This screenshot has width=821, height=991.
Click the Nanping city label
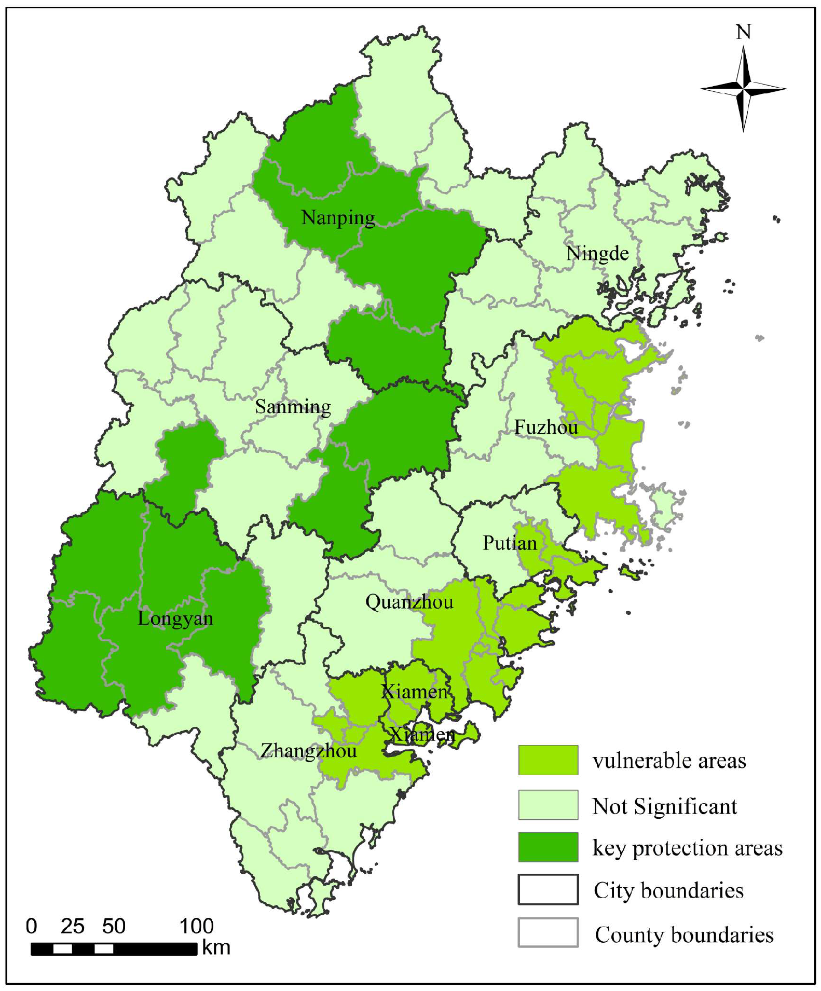click(x=338, y=218)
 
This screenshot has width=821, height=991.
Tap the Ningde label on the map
click(x=597, y=254)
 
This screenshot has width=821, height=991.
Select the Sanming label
click(x=293, y=407)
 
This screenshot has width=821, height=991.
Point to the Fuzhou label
click(x=546, y=428)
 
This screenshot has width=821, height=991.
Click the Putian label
click(x=510, y=543)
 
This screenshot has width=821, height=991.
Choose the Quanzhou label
click(x=409, y=602)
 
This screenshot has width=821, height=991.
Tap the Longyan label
click(x=175, y=618)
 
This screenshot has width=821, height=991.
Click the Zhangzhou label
click(x=308, y=751)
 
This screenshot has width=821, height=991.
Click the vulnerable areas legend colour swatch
click(x=548, y=760)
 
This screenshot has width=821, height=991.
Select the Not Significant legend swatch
click(x=548, y=805)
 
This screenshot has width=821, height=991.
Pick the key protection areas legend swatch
click(x=548, y=847)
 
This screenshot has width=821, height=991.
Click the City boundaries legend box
click(x=548, y=889)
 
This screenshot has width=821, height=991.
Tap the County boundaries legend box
click(x=548, y=932)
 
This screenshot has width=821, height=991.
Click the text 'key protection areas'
click(x=687, y=848)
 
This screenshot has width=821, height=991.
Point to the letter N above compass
click(x=744, y=32)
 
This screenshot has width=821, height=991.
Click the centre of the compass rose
click(x=744, y=89)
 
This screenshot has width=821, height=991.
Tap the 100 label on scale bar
click(x=196, y=926)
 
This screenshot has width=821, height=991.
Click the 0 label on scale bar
click(x=32, y=926)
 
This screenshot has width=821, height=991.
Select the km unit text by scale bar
click(x=216, y=948)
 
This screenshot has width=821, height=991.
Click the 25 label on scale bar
click(x=72, y=926)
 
